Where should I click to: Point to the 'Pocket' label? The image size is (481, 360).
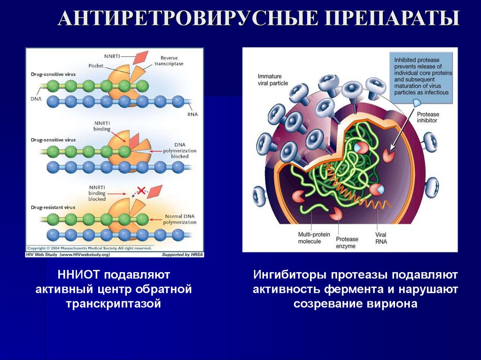[96, 66]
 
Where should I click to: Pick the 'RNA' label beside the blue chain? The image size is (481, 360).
[193, 113]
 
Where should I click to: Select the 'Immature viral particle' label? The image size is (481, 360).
[272, 80]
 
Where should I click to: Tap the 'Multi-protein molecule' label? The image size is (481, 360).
[309, 237]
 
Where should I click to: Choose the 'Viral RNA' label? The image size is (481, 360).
[380, 237]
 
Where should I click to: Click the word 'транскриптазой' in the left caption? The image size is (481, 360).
[114, 304]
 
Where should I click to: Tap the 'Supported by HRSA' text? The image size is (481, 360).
[182, 254]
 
